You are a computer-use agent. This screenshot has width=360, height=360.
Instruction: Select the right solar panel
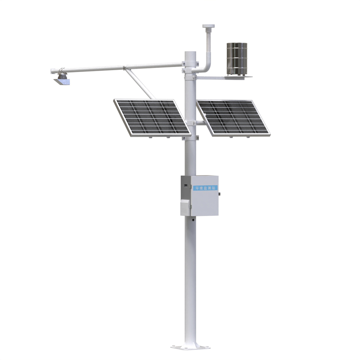pyautogui.click(x=232, y=117)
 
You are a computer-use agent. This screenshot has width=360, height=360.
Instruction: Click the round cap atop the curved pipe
pyautogui.click(x=208, y=27)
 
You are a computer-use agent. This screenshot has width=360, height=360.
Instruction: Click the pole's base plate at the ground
pyautogui.click(x=190, y=347)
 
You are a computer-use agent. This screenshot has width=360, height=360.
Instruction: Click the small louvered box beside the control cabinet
pyautogui.click(x=184, y=207)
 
